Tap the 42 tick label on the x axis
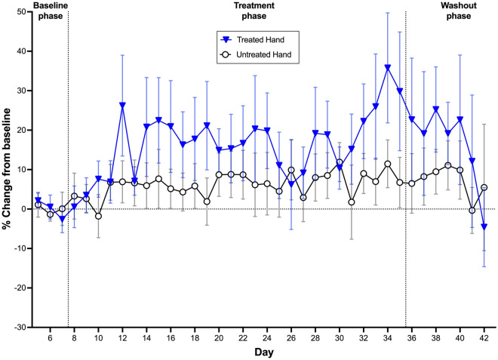pos(484,338)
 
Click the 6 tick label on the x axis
pos(50,338)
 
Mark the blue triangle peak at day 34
pos(388,67)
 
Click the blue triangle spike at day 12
pos(122,105)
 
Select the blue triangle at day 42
pos(484,226)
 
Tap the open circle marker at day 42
pos(484,187)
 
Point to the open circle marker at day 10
pos(98,216)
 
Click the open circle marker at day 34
pos(388,164)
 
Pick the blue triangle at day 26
pos(291,183)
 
